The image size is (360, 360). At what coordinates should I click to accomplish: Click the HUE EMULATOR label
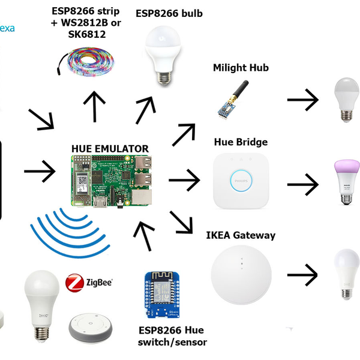coord(110,148)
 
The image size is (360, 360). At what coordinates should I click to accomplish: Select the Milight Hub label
coord(241,68)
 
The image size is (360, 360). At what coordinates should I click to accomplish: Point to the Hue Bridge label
coord(241,142)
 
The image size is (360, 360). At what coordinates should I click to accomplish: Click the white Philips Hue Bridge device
coord(240,181)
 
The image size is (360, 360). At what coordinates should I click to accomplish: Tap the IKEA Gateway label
coord(241,235)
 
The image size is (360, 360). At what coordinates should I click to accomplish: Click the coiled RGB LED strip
coord(86,61)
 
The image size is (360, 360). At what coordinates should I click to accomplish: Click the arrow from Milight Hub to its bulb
coord(302,100)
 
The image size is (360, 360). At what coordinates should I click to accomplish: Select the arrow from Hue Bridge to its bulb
coord(302,182)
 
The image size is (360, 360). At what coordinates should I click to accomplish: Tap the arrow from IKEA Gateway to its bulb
coord(302,275)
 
